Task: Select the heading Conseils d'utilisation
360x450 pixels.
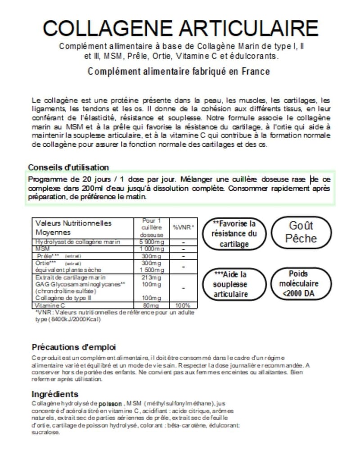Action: (68, 167)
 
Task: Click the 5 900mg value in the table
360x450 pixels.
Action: (149, 242)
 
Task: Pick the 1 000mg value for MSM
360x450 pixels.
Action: (148, 248)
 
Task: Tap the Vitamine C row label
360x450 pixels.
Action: (48, 305)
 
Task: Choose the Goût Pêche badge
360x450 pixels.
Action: (301, 232)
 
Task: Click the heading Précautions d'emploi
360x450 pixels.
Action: (74, 347)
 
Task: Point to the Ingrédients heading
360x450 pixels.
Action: (55, 394)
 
